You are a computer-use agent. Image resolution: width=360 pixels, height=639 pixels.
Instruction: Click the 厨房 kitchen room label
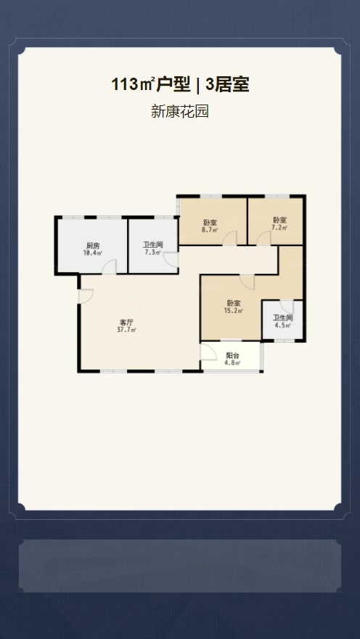(92, 245)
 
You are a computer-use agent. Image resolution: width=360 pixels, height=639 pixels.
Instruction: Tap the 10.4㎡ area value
(92, 252)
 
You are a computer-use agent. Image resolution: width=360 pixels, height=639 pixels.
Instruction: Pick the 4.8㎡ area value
(232, 362)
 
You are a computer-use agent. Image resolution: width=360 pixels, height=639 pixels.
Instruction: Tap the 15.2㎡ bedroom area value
(234, 311)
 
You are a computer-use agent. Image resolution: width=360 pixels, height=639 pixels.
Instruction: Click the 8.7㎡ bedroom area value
(210, 229)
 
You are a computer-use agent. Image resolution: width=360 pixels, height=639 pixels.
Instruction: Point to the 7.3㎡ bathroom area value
(152, 252)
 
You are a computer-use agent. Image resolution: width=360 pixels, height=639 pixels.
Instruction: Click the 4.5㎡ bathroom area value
(282, 325)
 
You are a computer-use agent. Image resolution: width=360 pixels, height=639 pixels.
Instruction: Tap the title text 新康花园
(179, 111)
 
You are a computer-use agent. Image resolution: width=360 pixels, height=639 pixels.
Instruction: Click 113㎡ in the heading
(133, 85)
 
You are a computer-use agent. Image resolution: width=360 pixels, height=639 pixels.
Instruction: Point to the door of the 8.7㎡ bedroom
(230, 238)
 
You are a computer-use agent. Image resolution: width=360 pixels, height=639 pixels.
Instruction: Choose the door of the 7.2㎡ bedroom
(263, 238)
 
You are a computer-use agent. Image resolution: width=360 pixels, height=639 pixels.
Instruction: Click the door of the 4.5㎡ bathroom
(287, 306)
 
